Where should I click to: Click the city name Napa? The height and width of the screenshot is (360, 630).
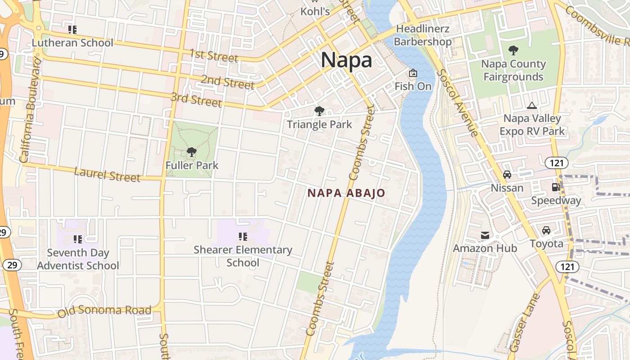(346, 60)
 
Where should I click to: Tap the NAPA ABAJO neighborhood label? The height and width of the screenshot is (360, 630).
(346, 193)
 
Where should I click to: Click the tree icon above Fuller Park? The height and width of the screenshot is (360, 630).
(192, 152)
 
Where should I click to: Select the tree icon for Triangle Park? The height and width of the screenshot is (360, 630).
(319, 111)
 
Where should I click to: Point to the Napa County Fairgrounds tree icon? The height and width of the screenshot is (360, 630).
(513, 50)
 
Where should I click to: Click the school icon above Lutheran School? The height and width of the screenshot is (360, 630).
(72, 30)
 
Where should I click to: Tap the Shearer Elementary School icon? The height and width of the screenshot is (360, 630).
(243, 237)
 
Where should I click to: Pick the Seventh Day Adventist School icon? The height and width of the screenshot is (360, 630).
(78, 239)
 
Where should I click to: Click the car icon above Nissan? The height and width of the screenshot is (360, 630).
(507, 175)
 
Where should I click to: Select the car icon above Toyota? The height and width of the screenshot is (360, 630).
(546, 230)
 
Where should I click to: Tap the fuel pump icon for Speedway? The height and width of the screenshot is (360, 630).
(556, 187)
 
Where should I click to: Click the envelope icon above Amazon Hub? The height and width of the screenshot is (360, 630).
(485, 235)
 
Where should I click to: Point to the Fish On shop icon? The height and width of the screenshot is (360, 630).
(413, 73)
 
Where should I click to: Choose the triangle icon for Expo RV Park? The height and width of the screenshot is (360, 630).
(532, 106)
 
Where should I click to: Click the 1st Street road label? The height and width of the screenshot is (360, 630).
(213, 56)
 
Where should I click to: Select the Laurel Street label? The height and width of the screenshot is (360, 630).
(107, 174)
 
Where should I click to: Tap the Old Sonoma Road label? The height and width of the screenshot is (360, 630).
(104, 310)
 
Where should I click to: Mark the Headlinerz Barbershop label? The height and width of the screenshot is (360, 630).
(423, 35)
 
